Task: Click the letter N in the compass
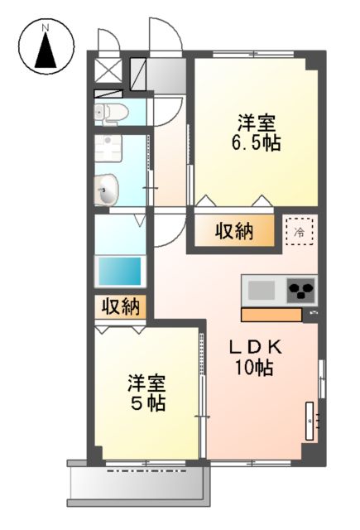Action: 46,28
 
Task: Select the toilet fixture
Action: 108,112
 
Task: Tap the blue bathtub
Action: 119,271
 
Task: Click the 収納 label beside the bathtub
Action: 121,306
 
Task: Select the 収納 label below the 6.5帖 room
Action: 234,231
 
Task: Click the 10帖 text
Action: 256,369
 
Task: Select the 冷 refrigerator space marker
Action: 299,231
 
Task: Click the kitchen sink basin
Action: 262,291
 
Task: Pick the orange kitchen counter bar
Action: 271,315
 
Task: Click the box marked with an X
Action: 107,69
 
